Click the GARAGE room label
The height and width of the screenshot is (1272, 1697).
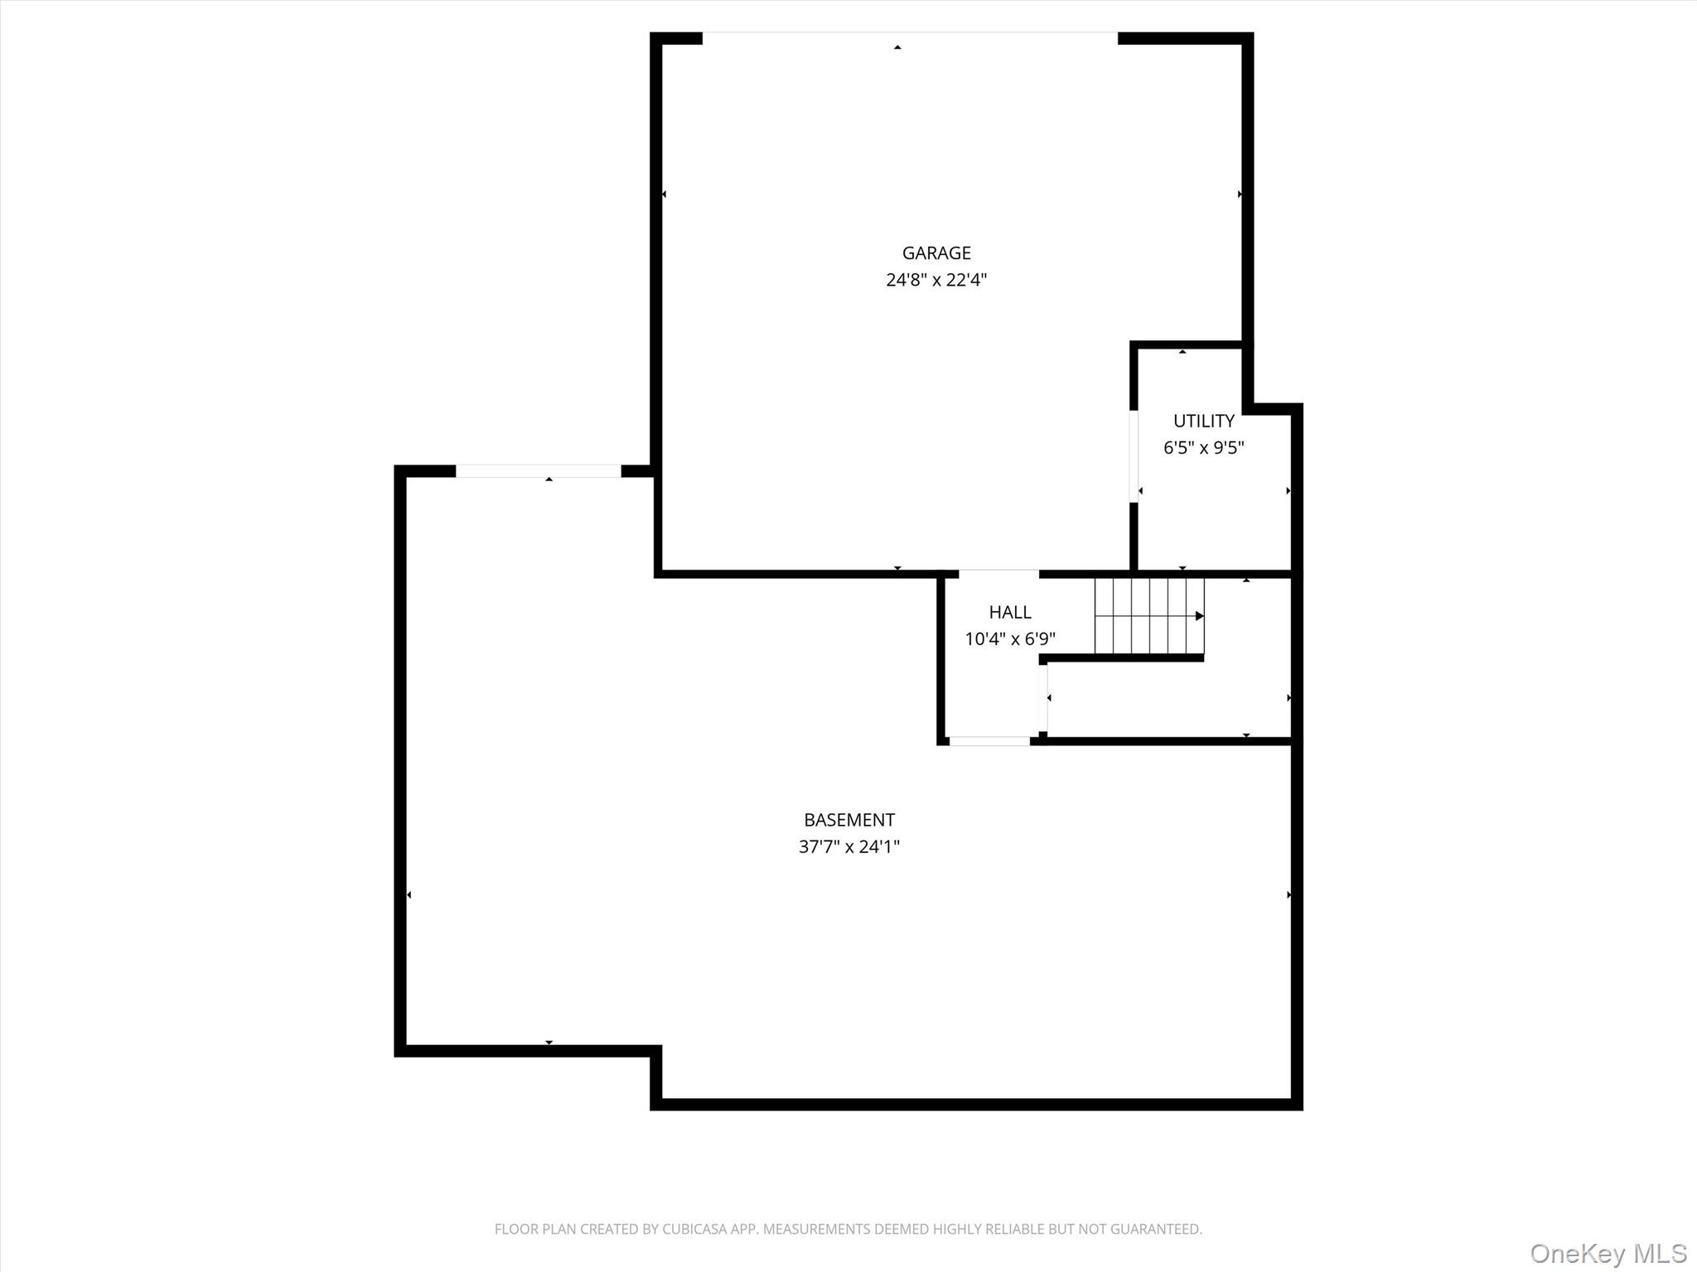point(936,253)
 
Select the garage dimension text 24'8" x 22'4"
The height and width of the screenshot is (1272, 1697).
point(936,280)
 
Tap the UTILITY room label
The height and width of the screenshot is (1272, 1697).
point(1203,421)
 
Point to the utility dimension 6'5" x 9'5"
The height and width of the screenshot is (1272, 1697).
point(1203,448)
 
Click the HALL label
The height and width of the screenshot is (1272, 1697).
point(1009,612)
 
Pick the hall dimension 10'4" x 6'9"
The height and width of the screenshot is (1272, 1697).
point(1009,639)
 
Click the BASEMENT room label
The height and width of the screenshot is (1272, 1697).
point(848,820)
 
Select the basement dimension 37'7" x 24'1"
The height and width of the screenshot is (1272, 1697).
point(848,846)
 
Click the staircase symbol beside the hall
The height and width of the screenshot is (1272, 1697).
point(1148,616)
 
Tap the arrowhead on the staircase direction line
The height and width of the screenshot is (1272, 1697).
point(1199,616)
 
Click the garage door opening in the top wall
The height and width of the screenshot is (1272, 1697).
point(910,37)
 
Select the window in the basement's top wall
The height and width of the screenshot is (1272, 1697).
point(538,471)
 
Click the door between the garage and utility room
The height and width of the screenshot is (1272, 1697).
point(1134,455)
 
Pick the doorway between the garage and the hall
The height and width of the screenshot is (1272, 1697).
point(998,573)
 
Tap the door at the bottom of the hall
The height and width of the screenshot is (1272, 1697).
point(989,741)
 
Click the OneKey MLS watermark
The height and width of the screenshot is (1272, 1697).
point(1608,1253)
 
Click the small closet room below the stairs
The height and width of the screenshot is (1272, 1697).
point(1168,698)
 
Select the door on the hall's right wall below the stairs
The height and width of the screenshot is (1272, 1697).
point(1043,698)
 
